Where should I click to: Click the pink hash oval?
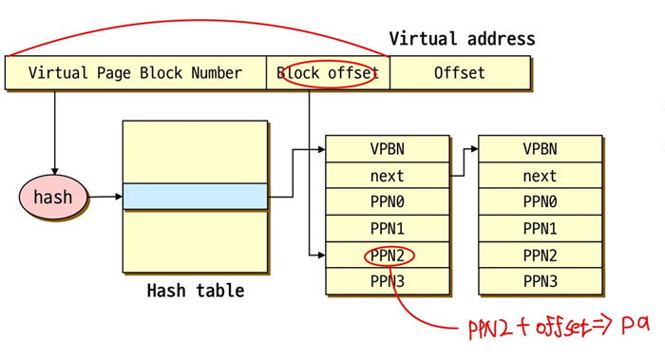pyautogui.click(x=53, y=198)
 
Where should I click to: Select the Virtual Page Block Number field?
pyautogui.click(x=135, y=73)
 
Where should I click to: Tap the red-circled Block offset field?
pyautogui.click(x=328, y=73)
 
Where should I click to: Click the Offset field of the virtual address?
pyautogui.click(x=460, y=73)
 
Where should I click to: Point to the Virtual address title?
pyautogui.click(x=462, y=39)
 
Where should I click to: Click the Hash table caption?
pyautogui.click(x=195, y=291)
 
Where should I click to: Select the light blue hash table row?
pyautogui.click(x=195, y=197)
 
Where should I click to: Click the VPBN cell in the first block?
pyautogui.click(x=387, y=149)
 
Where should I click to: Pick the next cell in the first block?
pyautogui.click(x=387, y=176)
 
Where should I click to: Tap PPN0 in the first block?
pyautogui.click(x=387, y=202)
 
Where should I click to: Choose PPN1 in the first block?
pyautogui.click(x=387, y=229)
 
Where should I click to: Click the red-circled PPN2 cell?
pyautogui.click(x=387, y=256)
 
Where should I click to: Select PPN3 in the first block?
pyautogui.click(x=387, y=281)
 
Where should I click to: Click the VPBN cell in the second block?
pyautogui.click(x=540, y=149)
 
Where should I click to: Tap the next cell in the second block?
pyautogui.click(x=540, y=176)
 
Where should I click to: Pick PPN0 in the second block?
pyautogui.click(x=540, y=202)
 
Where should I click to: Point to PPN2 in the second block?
pyautogui.click(x=540, y=256)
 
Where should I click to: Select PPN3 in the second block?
pyautogui.click(x=540, y=281)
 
